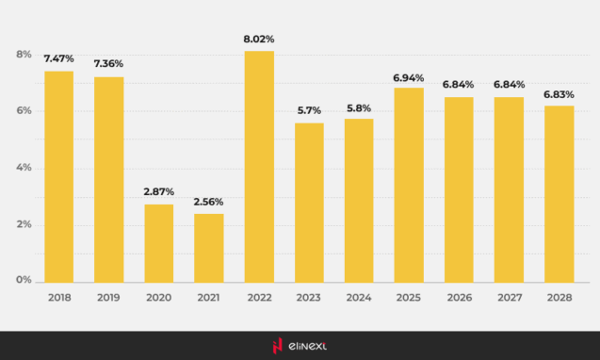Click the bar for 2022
coord(259,166)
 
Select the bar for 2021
coord(209,248)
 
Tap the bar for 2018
coord(58,176)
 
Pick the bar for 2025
coord(409,185)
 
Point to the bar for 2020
coord(159,243)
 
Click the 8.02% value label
coord(259,41)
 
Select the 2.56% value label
coord(209,203)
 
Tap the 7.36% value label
coord(108,63)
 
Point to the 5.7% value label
coord(309,110)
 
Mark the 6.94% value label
coord(409,77)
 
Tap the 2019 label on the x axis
coord(108,297)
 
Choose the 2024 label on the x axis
coord(359,297)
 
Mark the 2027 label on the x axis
coord(509,297)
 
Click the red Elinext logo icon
coord(277,346)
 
